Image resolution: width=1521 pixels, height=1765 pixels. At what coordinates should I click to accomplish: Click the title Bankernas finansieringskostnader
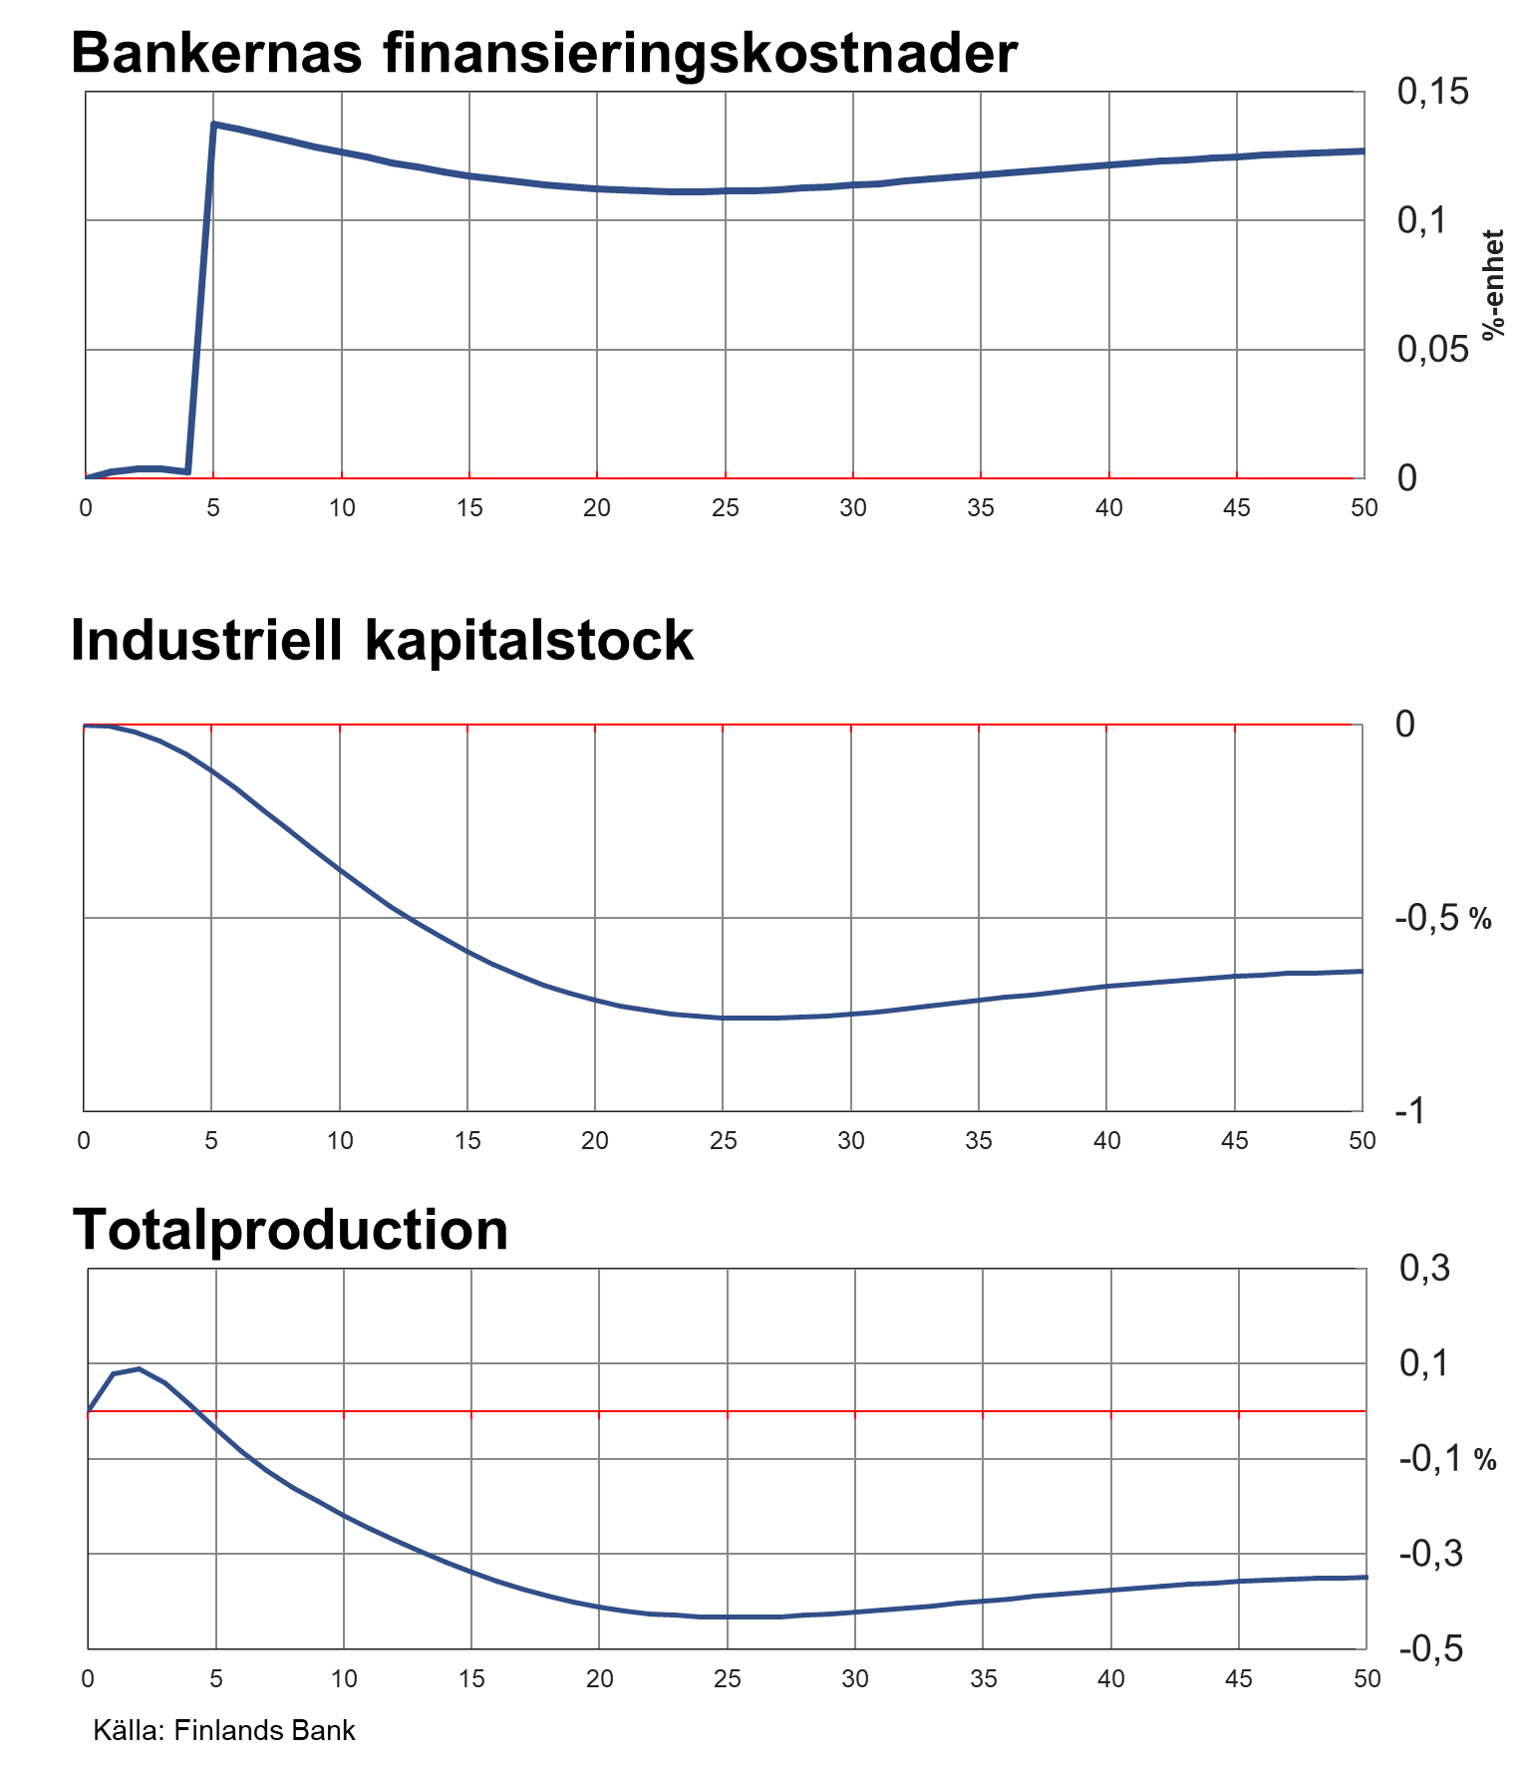point(544,53)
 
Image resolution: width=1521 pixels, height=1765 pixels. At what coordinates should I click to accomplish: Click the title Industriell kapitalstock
point(382,640)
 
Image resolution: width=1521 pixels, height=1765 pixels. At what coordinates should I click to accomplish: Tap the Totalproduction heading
point(290,1229)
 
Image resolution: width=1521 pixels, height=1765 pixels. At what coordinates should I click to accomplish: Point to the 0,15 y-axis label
point(1432,92)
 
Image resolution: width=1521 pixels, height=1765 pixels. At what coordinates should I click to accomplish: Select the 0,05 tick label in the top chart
point(1432,349)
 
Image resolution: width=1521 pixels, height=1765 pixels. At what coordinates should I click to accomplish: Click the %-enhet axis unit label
point(1492,285)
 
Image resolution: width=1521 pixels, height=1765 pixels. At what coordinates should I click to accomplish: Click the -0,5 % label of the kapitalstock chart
point(1442,918)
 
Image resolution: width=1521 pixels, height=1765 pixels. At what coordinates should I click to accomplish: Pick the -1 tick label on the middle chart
point(1409,1111)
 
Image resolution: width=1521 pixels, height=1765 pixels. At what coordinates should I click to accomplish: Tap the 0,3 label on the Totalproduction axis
point(1424,1269)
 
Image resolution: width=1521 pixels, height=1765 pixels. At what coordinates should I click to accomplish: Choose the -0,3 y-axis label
point(1431,1554)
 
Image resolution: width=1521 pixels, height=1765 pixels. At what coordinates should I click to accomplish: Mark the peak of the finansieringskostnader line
point(214,125)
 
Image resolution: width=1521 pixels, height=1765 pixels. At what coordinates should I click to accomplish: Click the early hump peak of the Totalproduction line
point(139,1369)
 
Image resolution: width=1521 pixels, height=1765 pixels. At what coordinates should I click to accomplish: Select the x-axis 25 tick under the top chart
point(725,508)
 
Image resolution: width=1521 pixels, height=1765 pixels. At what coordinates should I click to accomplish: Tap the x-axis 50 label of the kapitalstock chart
point(1362,1141)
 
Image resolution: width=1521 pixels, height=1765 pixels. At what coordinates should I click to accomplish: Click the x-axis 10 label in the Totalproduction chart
point(344,1679)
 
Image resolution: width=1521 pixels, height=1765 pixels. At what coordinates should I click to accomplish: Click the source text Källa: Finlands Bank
point(224,1730)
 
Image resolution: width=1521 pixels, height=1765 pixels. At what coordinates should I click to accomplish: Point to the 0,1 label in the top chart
point(1422,220)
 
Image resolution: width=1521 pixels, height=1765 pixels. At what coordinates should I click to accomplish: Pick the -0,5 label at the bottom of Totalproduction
point(1431,1648)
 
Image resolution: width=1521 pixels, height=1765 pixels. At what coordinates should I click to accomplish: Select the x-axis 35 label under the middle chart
point(979,1141)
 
